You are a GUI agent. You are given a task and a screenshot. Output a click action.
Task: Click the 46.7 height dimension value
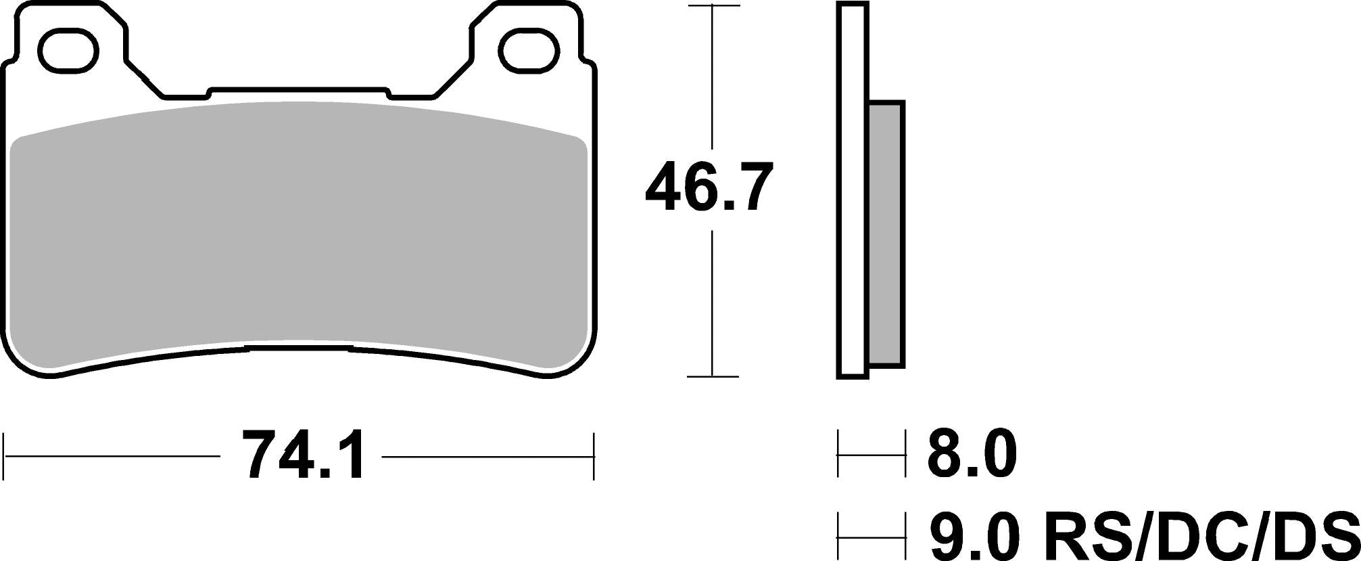click(708, 187)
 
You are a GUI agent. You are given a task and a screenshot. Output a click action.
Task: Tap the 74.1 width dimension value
click(303, 455)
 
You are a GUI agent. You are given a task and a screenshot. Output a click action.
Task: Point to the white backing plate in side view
click(852, 190)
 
